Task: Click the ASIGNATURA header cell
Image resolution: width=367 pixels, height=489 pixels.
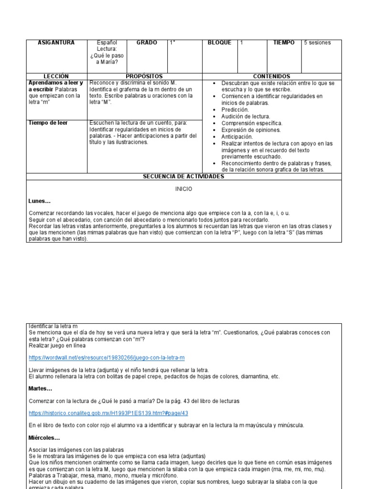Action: point(56,43)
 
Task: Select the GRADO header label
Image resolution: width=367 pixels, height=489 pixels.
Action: point(147,43)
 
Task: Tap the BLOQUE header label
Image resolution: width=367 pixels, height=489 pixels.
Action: point(219,43)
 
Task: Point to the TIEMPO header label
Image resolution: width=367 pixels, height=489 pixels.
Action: point(284,43)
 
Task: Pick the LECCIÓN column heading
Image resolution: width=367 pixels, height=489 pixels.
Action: point(56,76)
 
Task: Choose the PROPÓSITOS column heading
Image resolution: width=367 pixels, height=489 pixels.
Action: point(144,76)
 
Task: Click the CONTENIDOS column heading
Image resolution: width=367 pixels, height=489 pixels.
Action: point(271,76)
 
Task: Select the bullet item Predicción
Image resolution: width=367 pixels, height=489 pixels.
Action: point(235,110)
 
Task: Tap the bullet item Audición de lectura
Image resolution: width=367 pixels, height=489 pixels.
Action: point(246,117)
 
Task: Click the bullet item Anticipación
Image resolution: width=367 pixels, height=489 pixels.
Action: point(237,137)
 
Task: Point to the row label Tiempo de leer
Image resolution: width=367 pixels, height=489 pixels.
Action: point(48,123)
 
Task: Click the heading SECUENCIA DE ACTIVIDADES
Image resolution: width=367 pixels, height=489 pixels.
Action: point(183,177)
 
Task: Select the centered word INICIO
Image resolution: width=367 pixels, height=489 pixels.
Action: point(183,189)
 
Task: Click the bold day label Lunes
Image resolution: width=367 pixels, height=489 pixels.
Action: point(40,202)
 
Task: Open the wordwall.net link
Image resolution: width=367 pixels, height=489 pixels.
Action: point(107,358)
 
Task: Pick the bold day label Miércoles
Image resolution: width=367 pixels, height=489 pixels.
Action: point(44,437)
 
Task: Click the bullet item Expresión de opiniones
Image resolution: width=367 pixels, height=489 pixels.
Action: point(251,130)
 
